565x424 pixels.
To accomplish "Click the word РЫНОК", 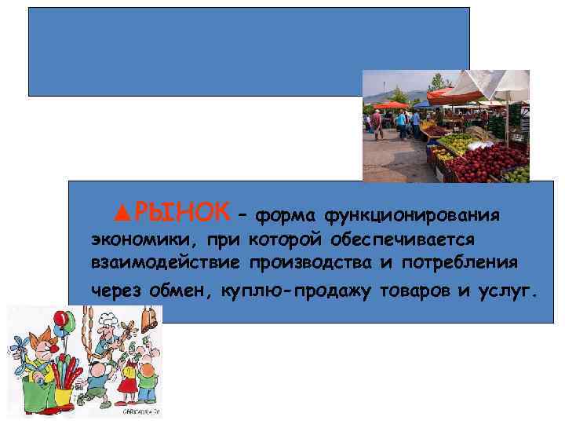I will pos(182,211).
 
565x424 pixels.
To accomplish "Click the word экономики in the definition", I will pos(132,239).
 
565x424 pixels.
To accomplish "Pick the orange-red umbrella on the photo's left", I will pos(390,104).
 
